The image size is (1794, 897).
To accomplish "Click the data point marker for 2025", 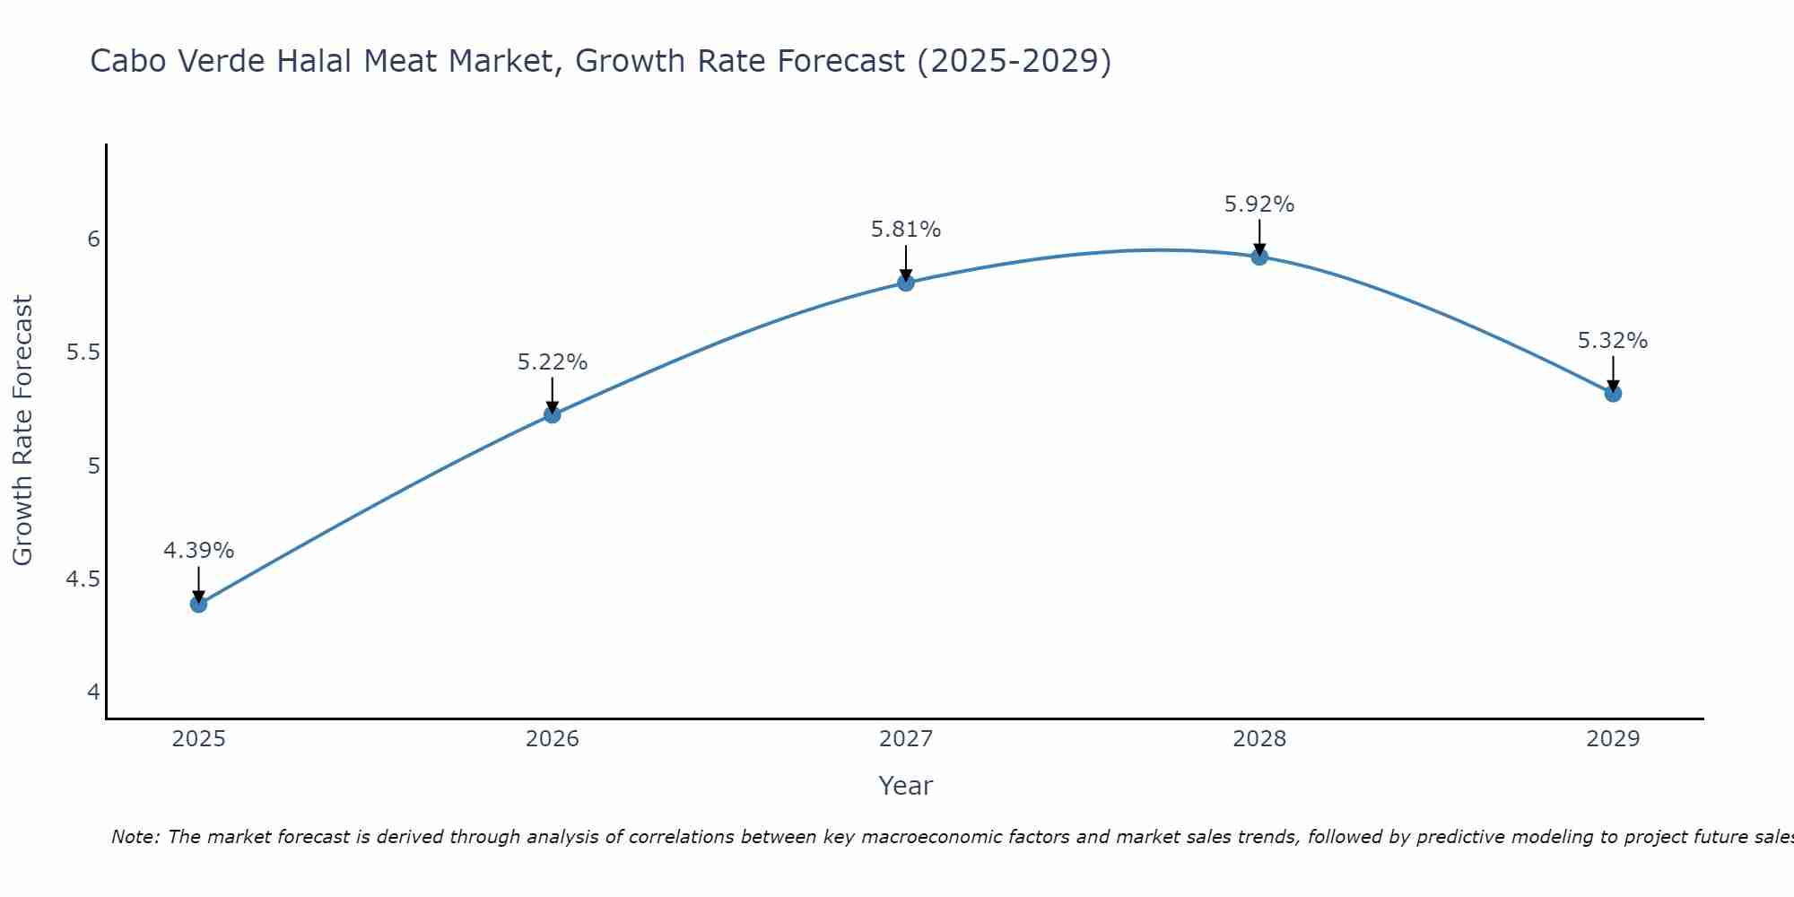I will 199,604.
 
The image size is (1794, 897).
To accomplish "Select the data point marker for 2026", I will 553,414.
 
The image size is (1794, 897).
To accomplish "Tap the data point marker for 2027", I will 906,283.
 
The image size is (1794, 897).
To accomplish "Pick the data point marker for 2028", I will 1259,257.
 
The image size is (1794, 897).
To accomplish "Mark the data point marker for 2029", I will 1613,393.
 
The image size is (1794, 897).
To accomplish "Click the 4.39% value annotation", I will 199,550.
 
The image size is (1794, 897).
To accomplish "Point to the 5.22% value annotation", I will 553,362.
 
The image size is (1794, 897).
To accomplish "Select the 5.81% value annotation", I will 906,230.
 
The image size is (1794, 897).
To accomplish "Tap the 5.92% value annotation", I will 1259,205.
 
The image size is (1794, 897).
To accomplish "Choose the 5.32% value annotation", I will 1613,341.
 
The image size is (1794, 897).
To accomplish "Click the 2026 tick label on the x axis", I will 553,739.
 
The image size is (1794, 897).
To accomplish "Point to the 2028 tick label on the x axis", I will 1259,739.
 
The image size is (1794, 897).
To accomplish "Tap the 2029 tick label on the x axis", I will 1613,739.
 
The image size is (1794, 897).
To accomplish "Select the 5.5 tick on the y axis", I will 83,353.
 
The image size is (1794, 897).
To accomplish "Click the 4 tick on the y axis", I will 93,692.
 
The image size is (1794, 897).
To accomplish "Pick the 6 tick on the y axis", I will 93,239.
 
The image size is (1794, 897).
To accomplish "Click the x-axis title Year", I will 906,786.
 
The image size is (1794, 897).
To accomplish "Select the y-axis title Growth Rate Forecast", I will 23,431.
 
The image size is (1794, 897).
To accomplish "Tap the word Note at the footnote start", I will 135,837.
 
